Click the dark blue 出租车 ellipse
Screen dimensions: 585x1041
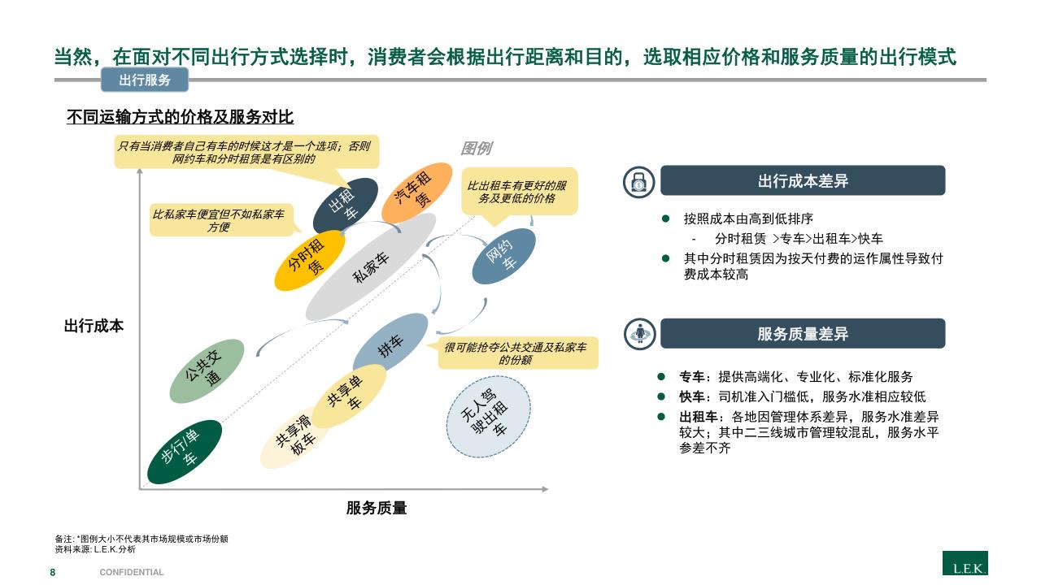pos(346,206)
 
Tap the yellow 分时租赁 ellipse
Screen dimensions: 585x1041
pos(309,260)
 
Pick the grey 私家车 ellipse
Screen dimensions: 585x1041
pos(371,267)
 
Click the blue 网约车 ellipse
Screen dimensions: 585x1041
pos(504,256)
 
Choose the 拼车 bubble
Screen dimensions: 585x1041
pos(390,348)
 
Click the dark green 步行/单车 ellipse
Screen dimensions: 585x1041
pos(185,452)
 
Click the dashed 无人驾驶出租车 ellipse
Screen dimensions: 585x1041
pos(488,416)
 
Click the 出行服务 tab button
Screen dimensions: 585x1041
pos(145,80)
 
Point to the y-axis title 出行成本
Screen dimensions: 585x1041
pos(94,327)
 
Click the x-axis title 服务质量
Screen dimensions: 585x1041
pos(376,509)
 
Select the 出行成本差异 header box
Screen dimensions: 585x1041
pos(802,180)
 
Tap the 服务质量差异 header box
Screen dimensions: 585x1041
pos(802,333)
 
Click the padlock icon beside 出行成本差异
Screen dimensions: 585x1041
pos(639,182)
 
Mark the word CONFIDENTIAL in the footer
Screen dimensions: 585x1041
pos(132,572)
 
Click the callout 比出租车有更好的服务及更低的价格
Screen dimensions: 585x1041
pos(519,192)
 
